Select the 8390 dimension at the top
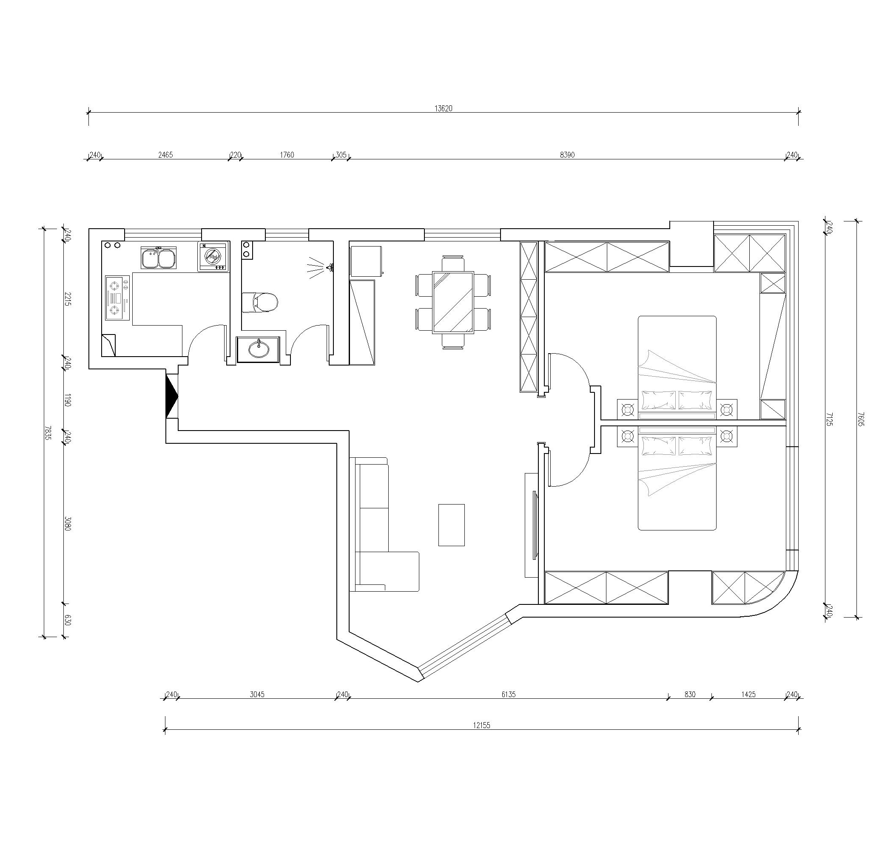[x=567, y=155]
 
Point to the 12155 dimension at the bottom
[x=481, y=726]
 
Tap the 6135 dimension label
[x=508, y=695]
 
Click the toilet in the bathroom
[x=259, y=302]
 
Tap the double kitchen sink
[x=159, y=258]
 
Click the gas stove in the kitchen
[x=117, y=298]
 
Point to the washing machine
[x=213, y=257]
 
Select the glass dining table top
[x=453, y=302]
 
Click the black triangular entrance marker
[x=172, y=397]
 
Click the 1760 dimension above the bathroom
[x=287, y=155]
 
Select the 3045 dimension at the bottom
[x=257, y=695]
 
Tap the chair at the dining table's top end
[x=453, y=264]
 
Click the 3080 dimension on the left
[x=68, y=524]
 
